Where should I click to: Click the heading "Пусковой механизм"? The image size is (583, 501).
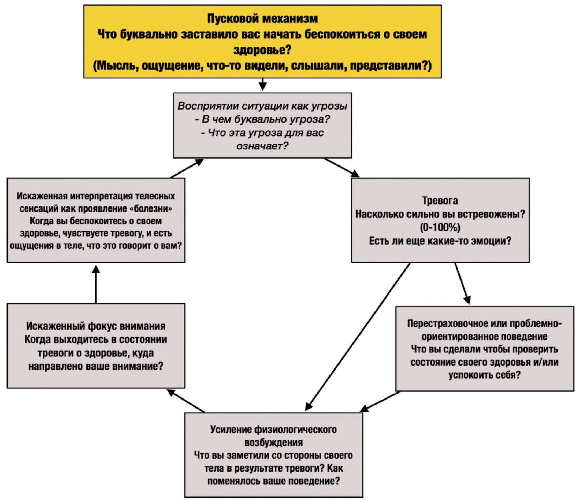262,18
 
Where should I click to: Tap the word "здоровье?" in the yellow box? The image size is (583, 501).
262,50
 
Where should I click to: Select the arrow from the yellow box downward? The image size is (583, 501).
262,84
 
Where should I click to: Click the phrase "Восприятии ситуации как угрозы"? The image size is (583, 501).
262,106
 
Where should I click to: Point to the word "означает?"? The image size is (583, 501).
262,146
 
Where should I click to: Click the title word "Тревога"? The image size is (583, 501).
440,201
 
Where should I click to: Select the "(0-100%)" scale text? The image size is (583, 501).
440,227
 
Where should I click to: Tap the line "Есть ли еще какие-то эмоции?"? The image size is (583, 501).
440,241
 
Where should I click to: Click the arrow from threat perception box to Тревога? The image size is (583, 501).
341,168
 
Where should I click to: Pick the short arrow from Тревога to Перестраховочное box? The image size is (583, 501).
462,284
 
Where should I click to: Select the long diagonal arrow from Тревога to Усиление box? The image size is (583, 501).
358,337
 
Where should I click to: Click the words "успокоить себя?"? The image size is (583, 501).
485,375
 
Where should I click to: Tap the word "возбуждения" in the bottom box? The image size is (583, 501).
273,443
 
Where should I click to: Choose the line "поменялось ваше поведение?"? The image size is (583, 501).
273,481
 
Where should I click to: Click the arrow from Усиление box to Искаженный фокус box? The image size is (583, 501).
186,401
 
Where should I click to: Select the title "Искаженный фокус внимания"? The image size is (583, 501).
96,326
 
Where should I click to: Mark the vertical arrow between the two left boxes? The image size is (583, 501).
96,284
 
